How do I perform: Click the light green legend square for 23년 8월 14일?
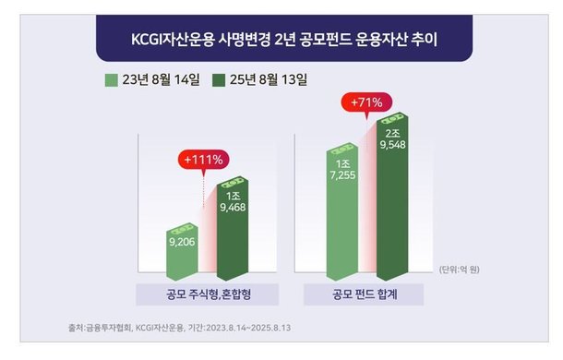113,80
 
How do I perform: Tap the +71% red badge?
366,102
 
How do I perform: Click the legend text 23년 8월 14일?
161,80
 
